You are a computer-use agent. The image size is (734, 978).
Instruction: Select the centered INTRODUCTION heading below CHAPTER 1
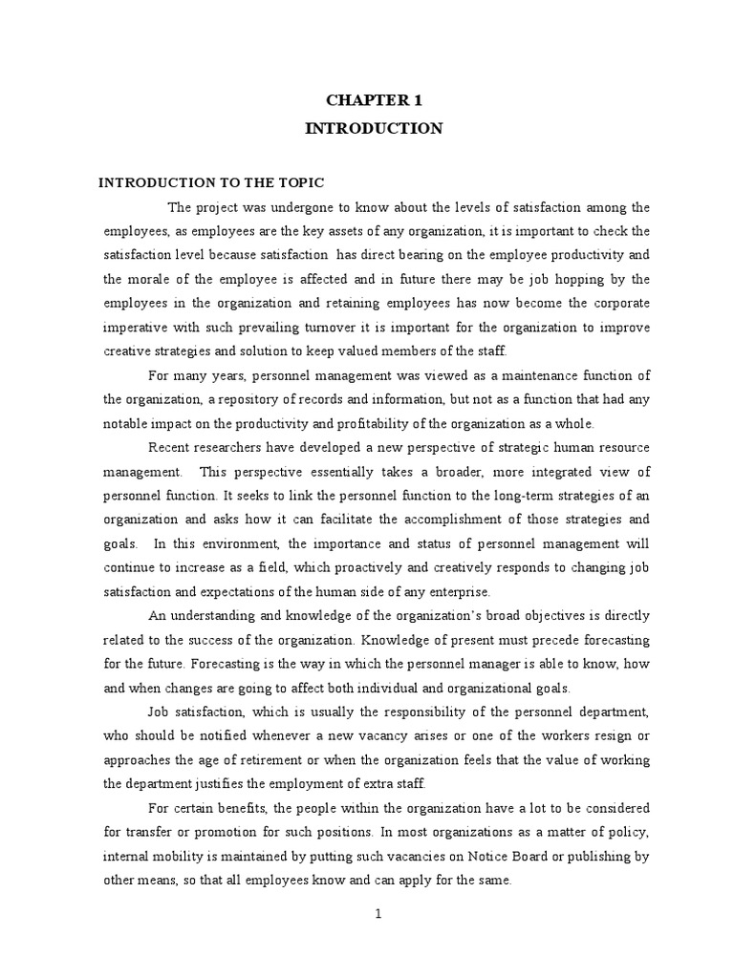point(374,128)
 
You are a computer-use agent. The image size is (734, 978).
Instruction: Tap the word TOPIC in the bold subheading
point(296,182)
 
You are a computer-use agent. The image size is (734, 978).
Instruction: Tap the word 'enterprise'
point(458,590)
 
